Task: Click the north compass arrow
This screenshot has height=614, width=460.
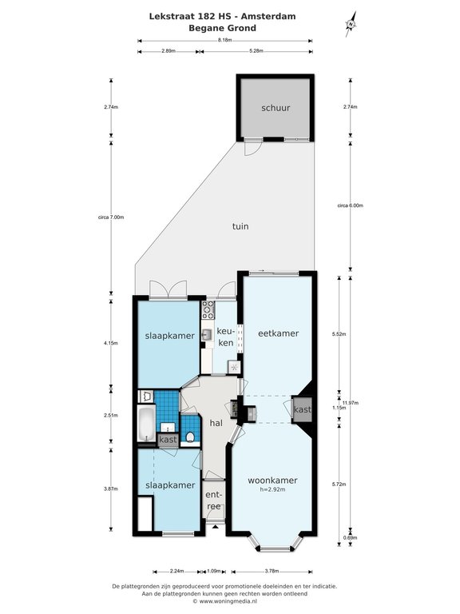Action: click(351, 24)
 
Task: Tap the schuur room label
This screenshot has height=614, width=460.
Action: click(276, 108)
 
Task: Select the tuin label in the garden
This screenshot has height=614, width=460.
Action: click(240, 226)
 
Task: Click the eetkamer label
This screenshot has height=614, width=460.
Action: click(278, 333)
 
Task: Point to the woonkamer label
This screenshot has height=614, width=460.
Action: click(272, 480)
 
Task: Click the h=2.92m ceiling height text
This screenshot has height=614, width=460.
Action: click(272, 489)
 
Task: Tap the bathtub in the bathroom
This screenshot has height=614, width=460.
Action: click(146, 424)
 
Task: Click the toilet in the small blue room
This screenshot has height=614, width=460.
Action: click(191, 437)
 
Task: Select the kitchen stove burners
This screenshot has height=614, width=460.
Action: click(208, 309)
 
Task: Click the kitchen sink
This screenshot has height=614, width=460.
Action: click(207, 334)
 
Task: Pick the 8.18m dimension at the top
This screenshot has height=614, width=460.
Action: click(225, 40)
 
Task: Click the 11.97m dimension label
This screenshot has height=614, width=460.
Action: click(351, 403)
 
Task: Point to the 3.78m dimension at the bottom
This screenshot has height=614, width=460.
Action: click(272, 572)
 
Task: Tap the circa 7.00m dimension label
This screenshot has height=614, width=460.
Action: click(111, 217)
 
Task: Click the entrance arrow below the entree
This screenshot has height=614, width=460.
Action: click(214, 527)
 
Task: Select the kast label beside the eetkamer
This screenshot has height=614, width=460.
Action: click(303, 409)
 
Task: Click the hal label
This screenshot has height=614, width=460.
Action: click(216, 423)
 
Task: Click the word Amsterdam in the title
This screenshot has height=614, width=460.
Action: click(268, 17)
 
